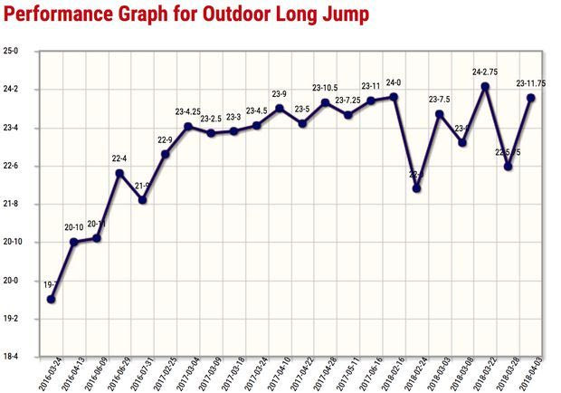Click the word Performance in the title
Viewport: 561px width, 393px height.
[57, 16]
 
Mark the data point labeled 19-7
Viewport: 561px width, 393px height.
[52, 300]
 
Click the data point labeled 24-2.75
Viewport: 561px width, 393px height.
[485, 87]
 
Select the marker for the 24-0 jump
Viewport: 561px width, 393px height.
[394, 97]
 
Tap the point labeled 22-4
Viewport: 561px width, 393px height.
[119, 173]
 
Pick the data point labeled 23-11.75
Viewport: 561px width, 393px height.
[531, 98]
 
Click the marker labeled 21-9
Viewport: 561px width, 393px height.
[143, 199]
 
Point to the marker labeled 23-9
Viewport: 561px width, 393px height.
[280, 109]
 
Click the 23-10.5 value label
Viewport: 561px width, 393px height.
[326, 88]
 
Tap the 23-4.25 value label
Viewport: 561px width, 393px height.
[188, 112]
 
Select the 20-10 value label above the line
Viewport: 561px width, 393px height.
[74, 226]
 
